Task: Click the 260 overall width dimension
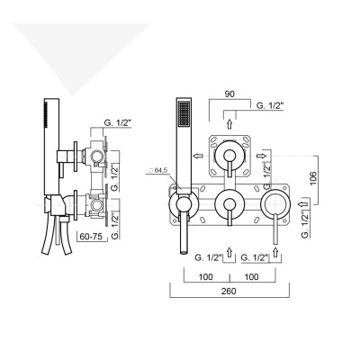[229, 292]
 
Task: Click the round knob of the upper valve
[230, 155]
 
